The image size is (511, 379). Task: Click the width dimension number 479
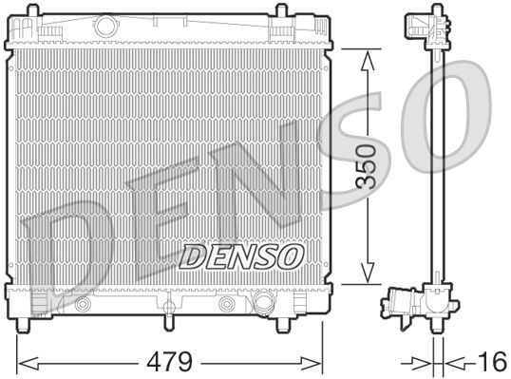pos(172,362)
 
